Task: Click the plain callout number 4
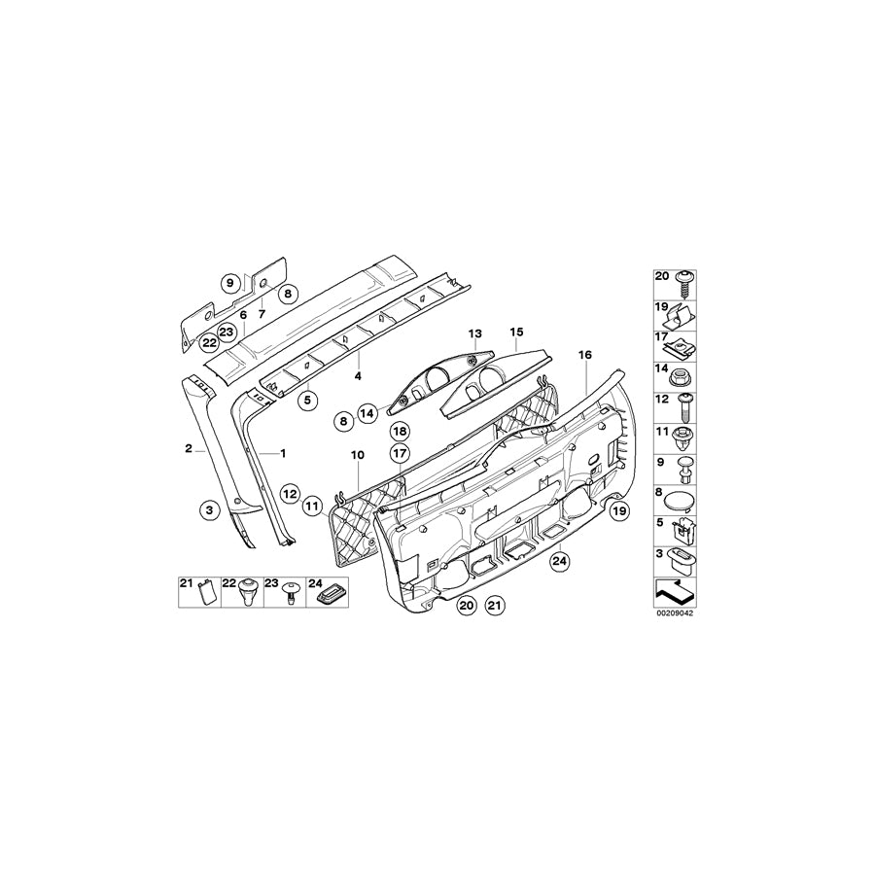358,376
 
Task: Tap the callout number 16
585,355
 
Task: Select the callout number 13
474,333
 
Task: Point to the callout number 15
516,332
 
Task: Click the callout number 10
357,455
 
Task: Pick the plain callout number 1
282,454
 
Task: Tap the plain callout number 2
189,448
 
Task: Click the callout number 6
243,315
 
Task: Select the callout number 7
262,314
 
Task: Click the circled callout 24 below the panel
560,562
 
